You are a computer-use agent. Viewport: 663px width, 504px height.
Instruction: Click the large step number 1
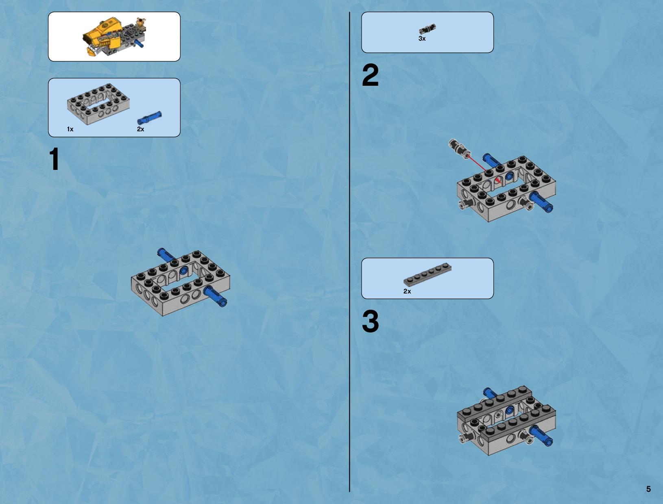click(55, 159)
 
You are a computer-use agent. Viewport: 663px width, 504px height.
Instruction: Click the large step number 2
click(370, 75)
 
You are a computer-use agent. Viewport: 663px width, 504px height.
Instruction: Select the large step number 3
click(370, 321)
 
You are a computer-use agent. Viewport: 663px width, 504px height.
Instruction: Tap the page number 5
click(648, 489)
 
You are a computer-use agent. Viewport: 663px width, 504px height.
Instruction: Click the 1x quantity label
click(70, 129)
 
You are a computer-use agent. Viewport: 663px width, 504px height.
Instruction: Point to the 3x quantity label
click(422, 39)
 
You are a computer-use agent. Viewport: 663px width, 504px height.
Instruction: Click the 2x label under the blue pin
click(140, 129)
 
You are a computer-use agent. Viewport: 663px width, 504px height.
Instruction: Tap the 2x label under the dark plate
click(407, 291)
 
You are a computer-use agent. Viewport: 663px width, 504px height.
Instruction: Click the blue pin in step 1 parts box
click(150, 118)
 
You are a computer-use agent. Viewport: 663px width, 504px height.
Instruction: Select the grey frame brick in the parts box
click(98, 104)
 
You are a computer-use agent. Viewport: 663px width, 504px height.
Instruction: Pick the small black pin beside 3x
click(427, 29)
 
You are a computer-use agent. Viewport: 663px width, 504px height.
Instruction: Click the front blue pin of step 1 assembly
click(215, 296)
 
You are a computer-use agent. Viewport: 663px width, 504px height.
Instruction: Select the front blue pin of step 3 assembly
click(541, 435)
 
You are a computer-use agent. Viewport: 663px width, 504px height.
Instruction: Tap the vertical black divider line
click(349, 252)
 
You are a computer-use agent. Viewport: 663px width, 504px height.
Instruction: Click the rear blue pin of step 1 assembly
click(166, 254)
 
